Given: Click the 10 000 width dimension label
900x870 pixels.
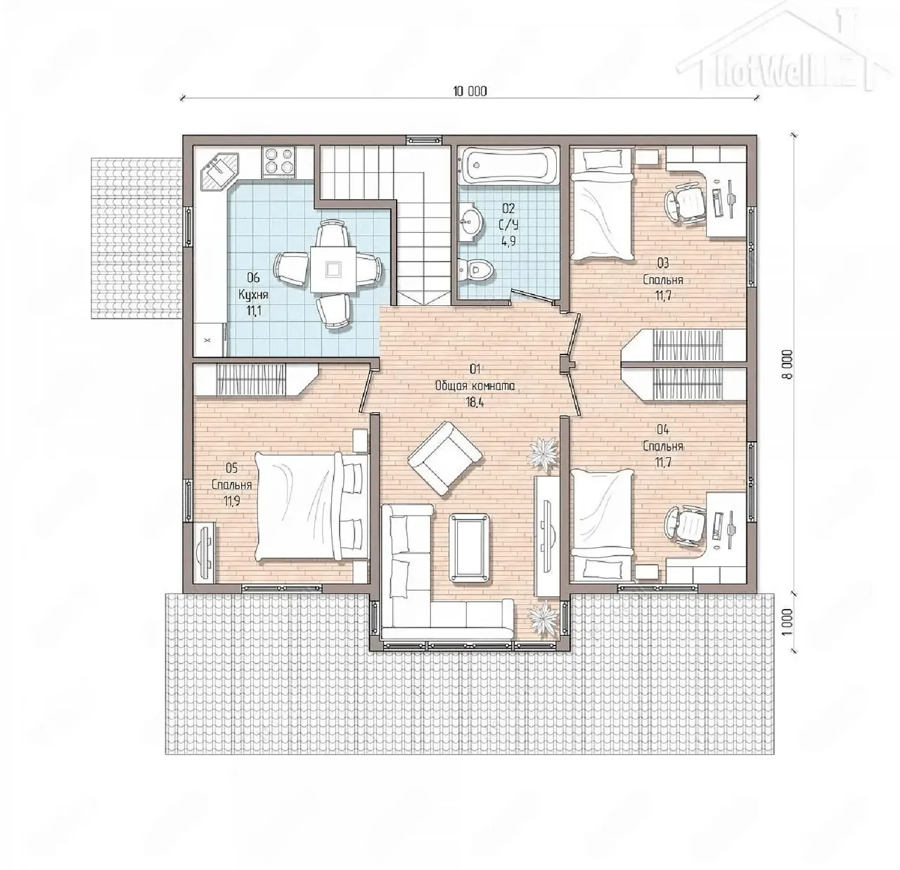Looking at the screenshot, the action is click(x=470, y=91).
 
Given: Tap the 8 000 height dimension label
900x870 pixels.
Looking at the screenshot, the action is click(x=788, y=364).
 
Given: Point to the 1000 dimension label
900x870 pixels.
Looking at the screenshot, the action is click(x=788, y=622).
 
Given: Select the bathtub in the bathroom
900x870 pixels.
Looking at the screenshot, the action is click(x=508, y=165).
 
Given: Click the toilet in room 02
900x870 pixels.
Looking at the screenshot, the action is click(x=475, y=269).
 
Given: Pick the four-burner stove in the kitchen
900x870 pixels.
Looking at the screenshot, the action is click(x=278, y=162).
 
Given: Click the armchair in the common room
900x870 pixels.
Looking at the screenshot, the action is click(x=444, y=458).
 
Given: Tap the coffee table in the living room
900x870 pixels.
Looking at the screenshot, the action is click(x=470, y=546).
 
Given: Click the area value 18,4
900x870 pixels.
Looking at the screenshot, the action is click(x=475, y=402).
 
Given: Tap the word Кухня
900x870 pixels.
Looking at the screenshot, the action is click(x=253, y=295).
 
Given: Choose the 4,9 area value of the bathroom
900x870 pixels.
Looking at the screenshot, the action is click(x=508, y=242).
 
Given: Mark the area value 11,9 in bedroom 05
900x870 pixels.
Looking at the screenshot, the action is click(x=232, y=501).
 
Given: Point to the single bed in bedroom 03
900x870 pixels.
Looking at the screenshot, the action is click(x=602, y=205).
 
